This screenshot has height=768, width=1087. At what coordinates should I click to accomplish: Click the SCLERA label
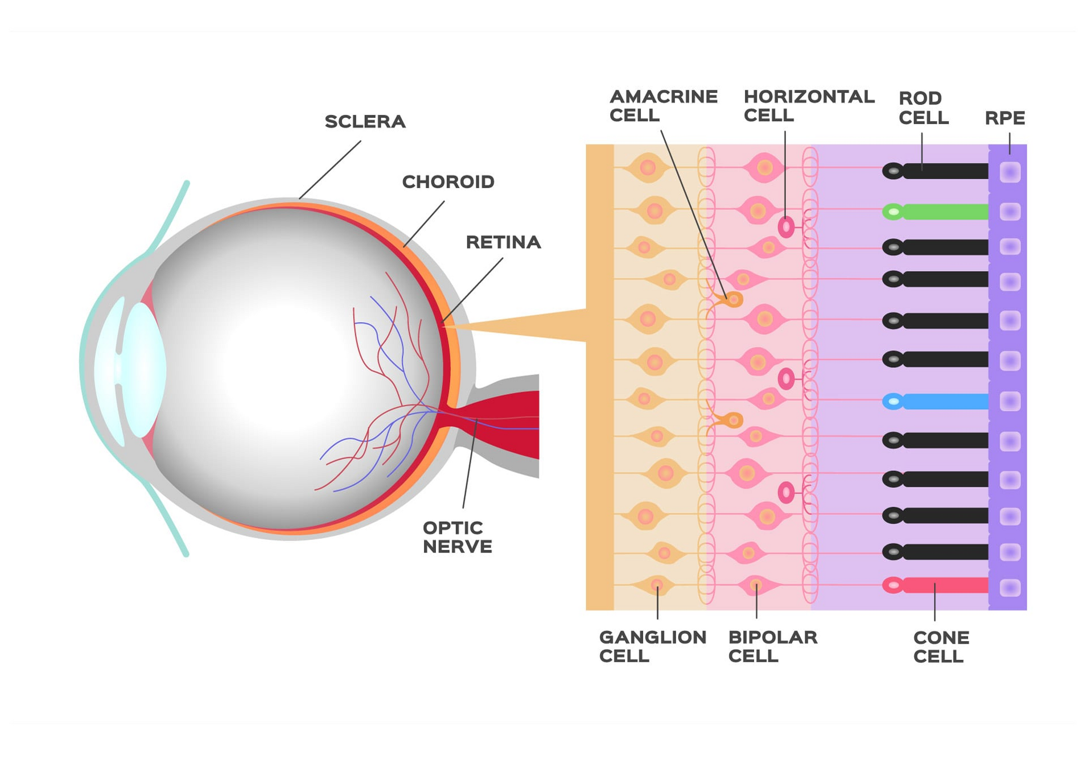pyautogui.click(x=364, y=122)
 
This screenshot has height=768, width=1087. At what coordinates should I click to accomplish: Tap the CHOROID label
pyautogui.click(x=448, y=182)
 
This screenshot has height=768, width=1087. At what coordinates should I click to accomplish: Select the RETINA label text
pyautogui.click(x=503, y=242)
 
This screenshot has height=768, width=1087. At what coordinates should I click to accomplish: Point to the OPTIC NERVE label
pyautogui.click(x=457, y=536)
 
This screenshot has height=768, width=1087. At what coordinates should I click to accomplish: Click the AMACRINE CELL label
pyautogui.click(x=663, y=106)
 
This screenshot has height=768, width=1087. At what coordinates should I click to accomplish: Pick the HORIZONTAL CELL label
pyautogui.click(x=808, y=106)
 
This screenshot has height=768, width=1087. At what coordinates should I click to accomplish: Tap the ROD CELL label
pyautogui.click(x=923, y=108)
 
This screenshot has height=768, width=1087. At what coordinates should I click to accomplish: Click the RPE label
pyautogui.click(x=1004, y=118)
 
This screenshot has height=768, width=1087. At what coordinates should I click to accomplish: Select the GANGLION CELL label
pyautogui.click(x=652, y=646)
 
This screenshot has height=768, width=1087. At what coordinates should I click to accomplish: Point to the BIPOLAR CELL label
pyautogui.click(x=772, y=646)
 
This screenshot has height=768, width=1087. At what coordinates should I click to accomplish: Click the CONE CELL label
pyautogui.click(x=941, y=647)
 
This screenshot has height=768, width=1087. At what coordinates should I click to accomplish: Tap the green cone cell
pyautogui.click(x=939, y=212)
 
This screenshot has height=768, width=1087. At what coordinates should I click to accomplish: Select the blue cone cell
pyautogui.click(x=939, y=402)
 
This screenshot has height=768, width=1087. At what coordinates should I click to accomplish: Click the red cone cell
pyautogui.click(x=939, y=585)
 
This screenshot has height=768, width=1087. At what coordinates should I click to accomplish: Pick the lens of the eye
pyautogui.click(x=143, y=369)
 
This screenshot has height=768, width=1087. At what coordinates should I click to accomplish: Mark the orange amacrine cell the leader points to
pyautogui.click(x=733, y=299)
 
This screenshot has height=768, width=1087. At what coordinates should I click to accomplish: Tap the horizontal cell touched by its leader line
pyautogui.click(x=786, y=227)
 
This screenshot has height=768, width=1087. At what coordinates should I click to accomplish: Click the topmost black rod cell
pyautogui.click(x=939, y=171)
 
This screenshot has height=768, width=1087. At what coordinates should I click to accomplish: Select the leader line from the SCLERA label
pyautogui.click(x=330, y=170)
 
